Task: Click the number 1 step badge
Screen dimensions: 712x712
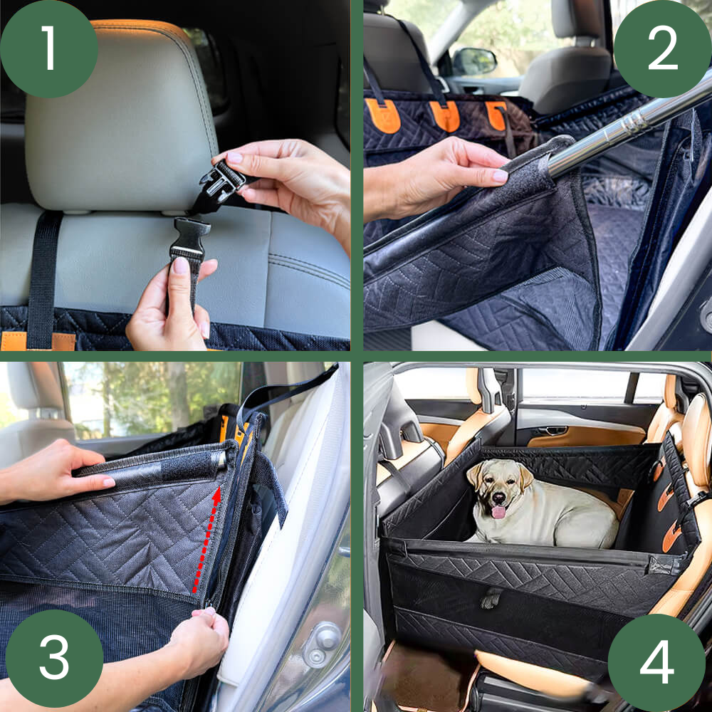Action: pos(49,48)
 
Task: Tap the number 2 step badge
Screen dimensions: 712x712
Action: pos(662,48)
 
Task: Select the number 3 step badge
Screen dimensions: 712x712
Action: pos(54,658)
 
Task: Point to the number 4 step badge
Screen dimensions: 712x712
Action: pos(657,662)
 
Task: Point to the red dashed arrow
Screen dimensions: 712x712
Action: pos(207,540)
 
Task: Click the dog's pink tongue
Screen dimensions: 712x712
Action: pos(498,512)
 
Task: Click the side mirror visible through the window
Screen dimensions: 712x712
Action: pos(474,61)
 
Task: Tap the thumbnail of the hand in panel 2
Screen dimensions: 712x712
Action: pos(500,176)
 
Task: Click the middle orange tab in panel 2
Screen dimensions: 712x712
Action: pos(445,116)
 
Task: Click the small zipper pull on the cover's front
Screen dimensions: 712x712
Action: pos(491,599)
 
